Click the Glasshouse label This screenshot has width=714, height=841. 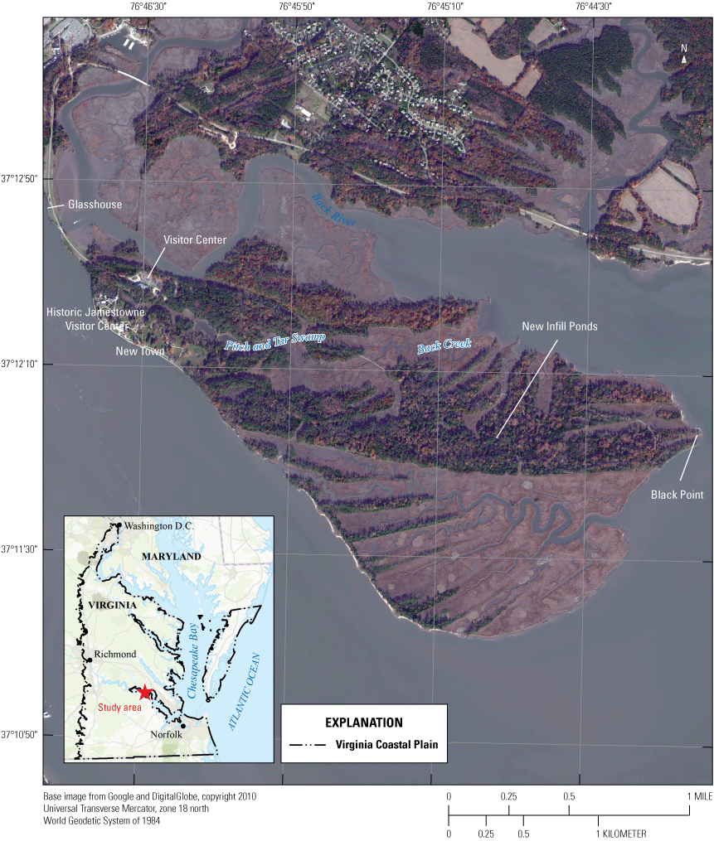[x=95, y=205]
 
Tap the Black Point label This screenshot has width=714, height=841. [x=677, y=495]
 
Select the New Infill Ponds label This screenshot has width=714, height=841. [x=560, y=326]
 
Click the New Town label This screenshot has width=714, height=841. [x=140, y=352]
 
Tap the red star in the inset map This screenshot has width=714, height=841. [x=145, y=693]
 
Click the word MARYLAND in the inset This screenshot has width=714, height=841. [x=172, y=557]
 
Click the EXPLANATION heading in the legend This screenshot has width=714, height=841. [x=364, y=723]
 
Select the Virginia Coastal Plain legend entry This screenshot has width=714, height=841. [x=386, y=745]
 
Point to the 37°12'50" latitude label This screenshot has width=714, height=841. [x=20, y=178]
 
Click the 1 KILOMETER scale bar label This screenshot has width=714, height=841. [x=622, y=834]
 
